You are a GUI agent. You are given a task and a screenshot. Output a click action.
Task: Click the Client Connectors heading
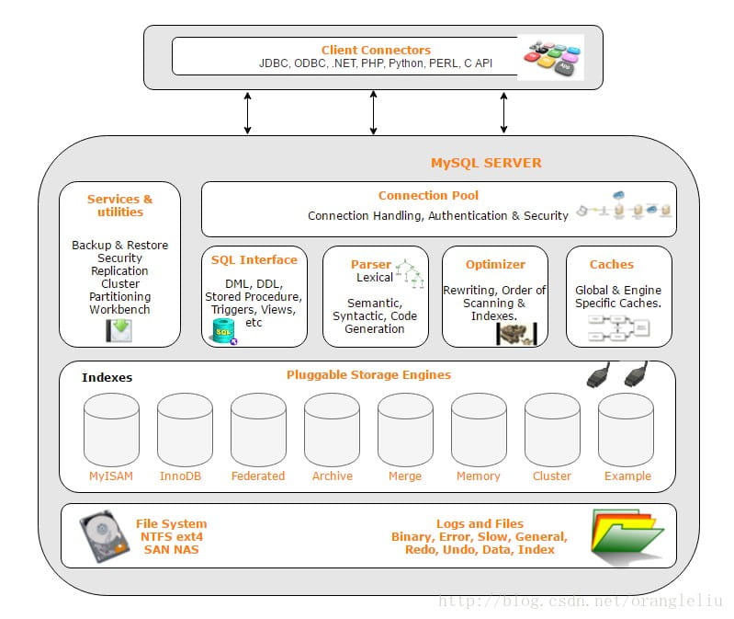pyautogui.click(x=376, y=50)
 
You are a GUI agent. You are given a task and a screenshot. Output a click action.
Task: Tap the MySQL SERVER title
pyautogui.click(x=486, y=163)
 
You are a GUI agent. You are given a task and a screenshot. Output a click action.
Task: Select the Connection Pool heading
pyautogui.click(x=428, y=195)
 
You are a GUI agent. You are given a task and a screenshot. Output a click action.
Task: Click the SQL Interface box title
pyautogui.click(x=254, y=260)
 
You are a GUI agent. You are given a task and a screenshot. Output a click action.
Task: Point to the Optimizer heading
pyautogui.click(x=495, y=264)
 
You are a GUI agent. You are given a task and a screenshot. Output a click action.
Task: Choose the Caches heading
pyautogui.click(x=611, y=264)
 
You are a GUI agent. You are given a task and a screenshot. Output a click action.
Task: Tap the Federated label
pyautogui.click(x=258, y=476)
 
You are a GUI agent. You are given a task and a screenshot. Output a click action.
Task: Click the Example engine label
pyautogui.click(x=627, y=476)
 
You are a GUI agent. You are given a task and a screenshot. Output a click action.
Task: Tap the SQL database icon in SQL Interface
pyautogui.click(x=223, y=331)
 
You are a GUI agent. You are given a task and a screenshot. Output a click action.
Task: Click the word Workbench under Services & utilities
pyautogui.click(x=119, y=309)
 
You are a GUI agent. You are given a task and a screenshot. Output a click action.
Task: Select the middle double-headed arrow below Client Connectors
pyautogui.click(x=373, y=112)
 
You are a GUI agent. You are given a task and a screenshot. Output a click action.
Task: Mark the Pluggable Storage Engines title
pyautogui.click(x=368, y=374)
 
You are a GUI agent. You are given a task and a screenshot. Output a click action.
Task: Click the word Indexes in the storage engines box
pyautogui.click(x=107, y=377)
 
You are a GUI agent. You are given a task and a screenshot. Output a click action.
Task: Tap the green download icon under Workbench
pyautogui.click(x=119, y=330)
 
